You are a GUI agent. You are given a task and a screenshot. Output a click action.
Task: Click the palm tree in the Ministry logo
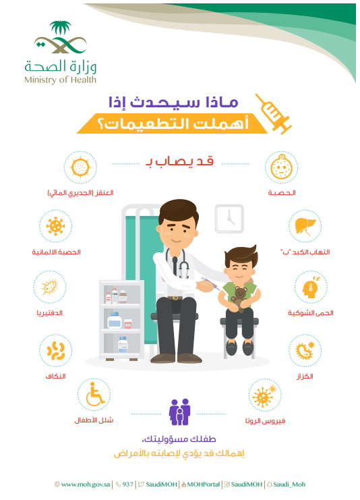(61, 28)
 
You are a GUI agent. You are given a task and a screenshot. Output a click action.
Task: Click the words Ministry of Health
(60, 80)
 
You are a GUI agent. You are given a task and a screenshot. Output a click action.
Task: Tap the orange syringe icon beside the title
(274, 113)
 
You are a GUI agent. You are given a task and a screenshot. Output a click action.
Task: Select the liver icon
(305, 226)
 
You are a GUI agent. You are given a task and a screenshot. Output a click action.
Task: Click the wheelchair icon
(94, 394)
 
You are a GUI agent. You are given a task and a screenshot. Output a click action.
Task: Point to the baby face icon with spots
(281, 167)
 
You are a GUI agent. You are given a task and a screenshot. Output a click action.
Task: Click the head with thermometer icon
(311, 287)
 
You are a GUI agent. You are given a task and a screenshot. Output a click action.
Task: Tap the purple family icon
(180, 412)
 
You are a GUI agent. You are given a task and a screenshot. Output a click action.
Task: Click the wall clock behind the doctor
(229, 219)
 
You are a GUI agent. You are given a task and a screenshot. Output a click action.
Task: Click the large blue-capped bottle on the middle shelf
(115, 320)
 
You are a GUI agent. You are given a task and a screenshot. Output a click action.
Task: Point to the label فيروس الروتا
(265, 421)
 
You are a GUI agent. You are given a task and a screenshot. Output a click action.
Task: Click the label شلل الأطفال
(94, 420)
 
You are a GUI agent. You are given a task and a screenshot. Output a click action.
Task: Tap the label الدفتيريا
(49, 313)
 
